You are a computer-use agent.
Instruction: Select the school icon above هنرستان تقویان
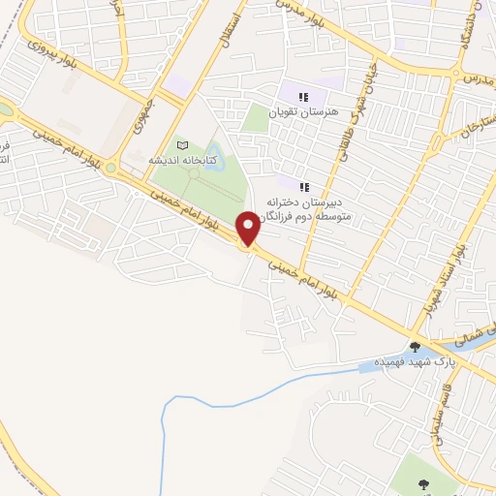(x=304, y=97)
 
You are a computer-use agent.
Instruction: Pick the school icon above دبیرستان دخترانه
(x=304, y=186)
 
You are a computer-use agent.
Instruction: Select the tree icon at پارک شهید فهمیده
(x=415, y=346)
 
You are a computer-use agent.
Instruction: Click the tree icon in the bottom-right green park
(x=422, y=481)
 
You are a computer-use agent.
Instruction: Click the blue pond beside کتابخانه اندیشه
(x=212, y=154)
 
